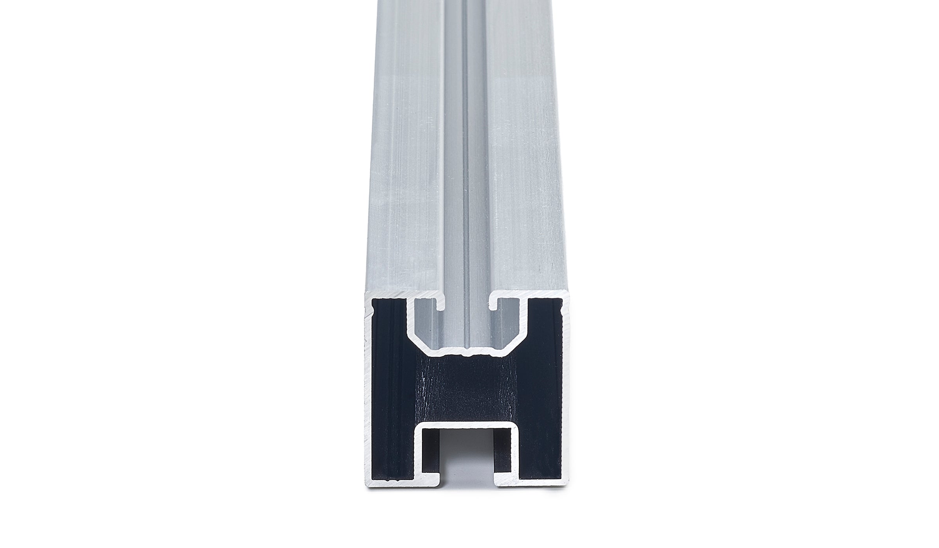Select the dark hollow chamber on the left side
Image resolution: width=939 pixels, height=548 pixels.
tap(391, 391)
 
